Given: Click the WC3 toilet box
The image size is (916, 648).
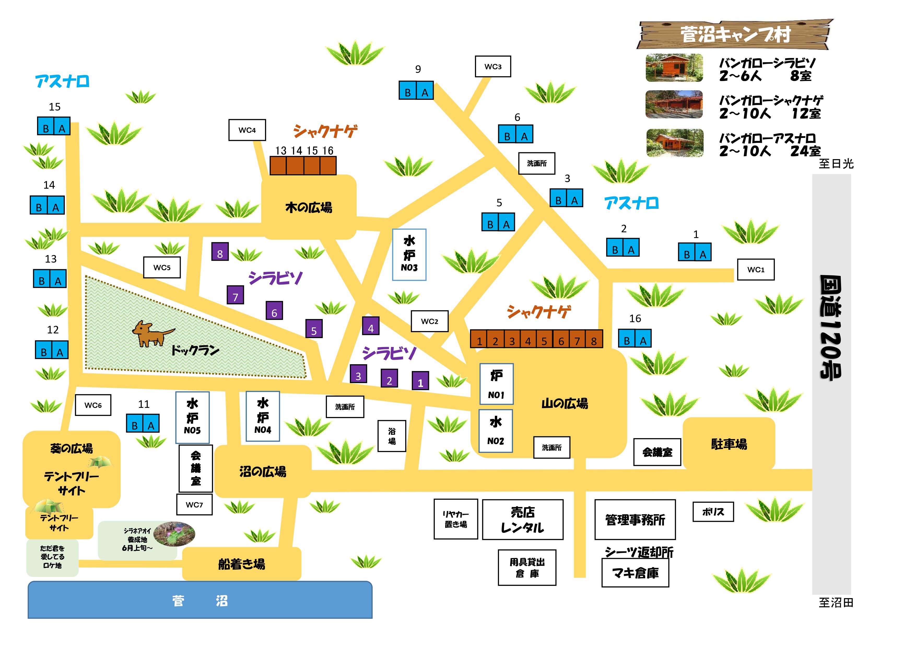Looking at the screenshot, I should [x=493, y=66].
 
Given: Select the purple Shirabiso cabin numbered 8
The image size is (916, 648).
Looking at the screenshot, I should [x=220, y=252].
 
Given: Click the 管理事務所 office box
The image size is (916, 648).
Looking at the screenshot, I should [x=635, y=519].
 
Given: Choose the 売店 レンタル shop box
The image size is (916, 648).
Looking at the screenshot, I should [x=523, y=519].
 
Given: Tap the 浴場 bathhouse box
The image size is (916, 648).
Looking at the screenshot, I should [x=392, y=436].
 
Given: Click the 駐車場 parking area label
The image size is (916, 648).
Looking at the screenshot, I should [x=729, y=444].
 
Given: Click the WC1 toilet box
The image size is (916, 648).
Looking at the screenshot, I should [x=756, y=269].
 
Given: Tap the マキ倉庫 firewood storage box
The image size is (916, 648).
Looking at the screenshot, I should [x=635, y=573].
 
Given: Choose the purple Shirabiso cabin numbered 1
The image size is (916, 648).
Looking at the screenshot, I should [x=420, y=381].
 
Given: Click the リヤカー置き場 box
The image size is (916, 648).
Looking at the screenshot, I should [x=456, y=519].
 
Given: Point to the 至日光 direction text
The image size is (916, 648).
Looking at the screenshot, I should [x=836, y=164].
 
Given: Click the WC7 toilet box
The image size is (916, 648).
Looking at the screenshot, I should [x=194, y=505].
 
